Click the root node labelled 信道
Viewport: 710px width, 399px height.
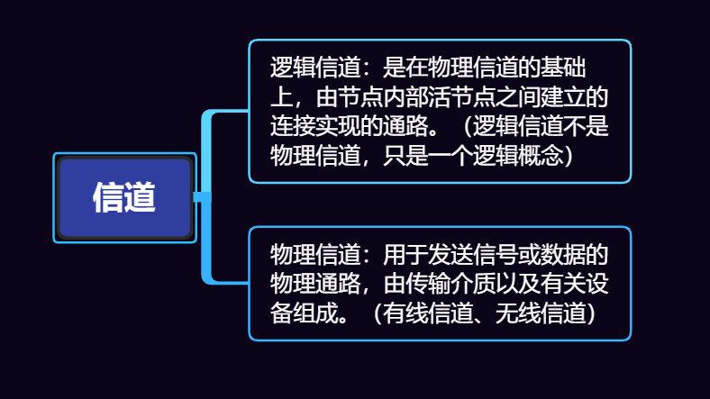click(124, 197)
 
